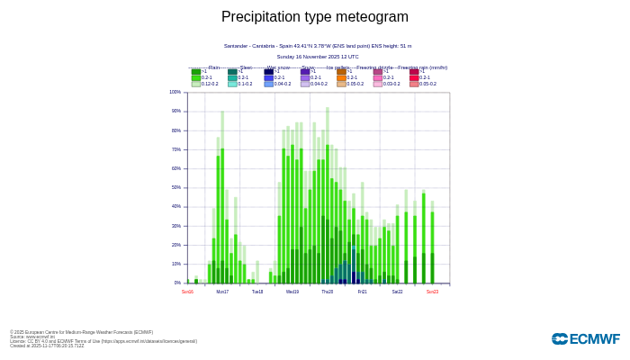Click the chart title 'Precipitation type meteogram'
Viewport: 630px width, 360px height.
tap(315, 16)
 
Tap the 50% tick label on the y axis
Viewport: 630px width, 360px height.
tap(176, 187)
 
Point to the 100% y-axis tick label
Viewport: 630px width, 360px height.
tap(175, 92)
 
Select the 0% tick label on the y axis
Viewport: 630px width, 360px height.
tap(177, 283)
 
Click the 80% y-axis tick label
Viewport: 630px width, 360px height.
tap(176, 130)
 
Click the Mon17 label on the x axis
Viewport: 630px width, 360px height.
tap(222, 292)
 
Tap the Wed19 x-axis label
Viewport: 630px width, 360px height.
tap(292, 292)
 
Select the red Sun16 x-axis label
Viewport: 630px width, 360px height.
tap(187, 292)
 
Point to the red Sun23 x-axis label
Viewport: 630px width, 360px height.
tap(432, 292)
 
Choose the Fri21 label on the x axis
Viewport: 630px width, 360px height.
tap(362, 292)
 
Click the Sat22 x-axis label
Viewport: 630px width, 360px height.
tap(397, 292)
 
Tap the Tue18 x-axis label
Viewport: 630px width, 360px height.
tap(257, 292)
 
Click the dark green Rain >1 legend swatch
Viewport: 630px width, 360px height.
tap(196, 72)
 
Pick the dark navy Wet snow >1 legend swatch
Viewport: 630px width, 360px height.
tap(269, 72)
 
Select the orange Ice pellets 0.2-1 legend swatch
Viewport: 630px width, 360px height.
tap(342, 77)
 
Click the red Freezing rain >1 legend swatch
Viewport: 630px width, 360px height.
tap(414, 72)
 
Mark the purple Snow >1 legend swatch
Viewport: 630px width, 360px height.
tap(305, 72)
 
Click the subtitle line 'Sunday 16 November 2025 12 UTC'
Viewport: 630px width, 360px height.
tap(317, 57)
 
